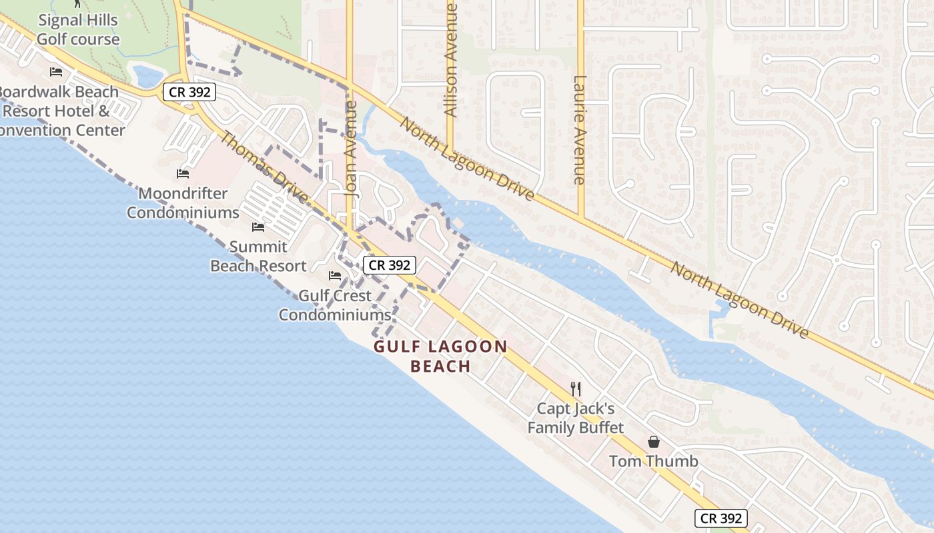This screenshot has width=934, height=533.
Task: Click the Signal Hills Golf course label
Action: (78, 30)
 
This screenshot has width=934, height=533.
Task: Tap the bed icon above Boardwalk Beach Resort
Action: (56, 72)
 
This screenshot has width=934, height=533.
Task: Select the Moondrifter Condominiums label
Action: (183, 203)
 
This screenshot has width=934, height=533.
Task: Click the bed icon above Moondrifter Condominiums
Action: (183, 174)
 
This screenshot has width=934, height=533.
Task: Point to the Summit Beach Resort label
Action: (258, 257)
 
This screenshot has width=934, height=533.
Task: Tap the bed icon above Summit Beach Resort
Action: (258, 227)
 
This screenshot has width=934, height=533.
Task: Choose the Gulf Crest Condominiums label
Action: (334, 305)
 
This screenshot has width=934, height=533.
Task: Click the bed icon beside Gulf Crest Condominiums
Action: (335, 276)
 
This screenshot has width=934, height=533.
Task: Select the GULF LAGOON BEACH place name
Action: (440, 356)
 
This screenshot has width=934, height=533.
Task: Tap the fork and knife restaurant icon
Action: (576, 388)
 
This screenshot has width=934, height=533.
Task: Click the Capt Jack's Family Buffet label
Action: (576, 418)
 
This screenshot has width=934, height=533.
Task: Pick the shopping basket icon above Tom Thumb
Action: (654, 442)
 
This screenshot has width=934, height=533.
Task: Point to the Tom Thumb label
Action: (654, 461)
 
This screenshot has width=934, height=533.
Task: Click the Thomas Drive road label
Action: (264, 167)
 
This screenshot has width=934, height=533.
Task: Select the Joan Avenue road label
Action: (352, 148)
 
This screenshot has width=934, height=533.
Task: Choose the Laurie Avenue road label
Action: (579, 130)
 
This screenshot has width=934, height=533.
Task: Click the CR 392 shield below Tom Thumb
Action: (721, 518)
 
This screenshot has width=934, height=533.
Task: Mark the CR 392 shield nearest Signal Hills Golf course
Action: (190, 92)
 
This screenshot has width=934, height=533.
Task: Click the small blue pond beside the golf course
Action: (147, 76)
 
